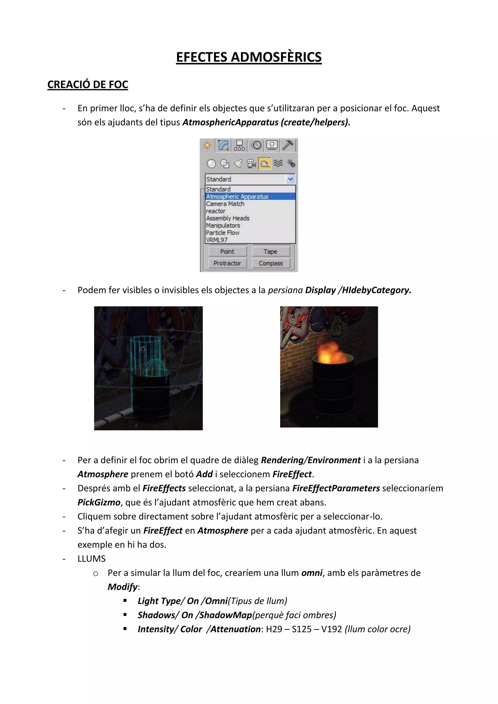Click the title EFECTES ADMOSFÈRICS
point(249,57)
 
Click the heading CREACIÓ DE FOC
point(88,85)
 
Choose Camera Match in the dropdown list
point(225,204)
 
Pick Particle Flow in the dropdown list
point(223,233)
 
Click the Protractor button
point(227,263)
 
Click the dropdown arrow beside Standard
point(290,179)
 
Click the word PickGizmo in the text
point(99,502)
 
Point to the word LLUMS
point(91,559)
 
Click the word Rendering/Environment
point(310,460)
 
